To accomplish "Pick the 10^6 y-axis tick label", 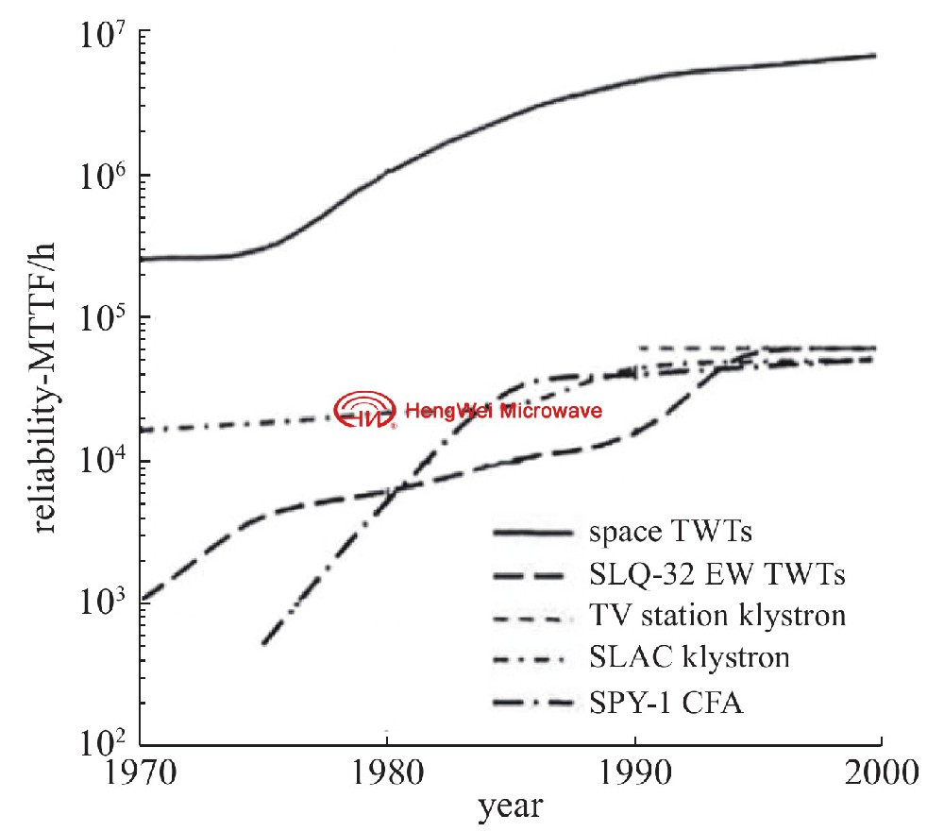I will click(110, 179).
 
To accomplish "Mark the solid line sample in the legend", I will click(532, 535).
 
